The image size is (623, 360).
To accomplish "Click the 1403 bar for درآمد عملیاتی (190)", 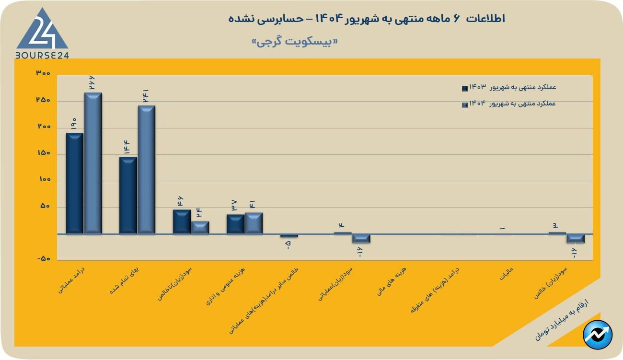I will pyautogui.click(x=74, y=183).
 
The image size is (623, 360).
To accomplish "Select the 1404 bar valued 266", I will pyautogui.click(x=93, y=163).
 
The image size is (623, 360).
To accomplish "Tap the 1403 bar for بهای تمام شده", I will pyautogui.click(x=128, y=195).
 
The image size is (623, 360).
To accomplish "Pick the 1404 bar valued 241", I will pyautogui.click(x=147, y=169).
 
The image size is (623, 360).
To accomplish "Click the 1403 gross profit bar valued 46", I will pyautogui.click(x=182, y=221).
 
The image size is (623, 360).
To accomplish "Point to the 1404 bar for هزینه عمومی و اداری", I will pyautogui.click(x=254, y=223).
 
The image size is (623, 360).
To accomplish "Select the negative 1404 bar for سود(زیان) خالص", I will pyautogui.click(x=576, y=238).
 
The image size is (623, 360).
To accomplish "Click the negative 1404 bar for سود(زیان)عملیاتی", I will pyautogui.click(x=361, y=238).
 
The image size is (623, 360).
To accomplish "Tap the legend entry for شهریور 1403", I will pyautogui.click(x=508, y=87).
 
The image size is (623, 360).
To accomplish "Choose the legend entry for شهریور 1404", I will pyautogui.click(x=508, y=104).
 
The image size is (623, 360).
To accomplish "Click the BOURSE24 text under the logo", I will pyautogui.click(x=42, y=55).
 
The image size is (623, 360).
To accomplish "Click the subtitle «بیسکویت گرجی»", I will pyautogui.click(x=295, y=42).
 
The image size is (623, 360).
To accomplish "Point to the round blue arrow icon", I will pyautogui.click(x=598, y=334).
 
